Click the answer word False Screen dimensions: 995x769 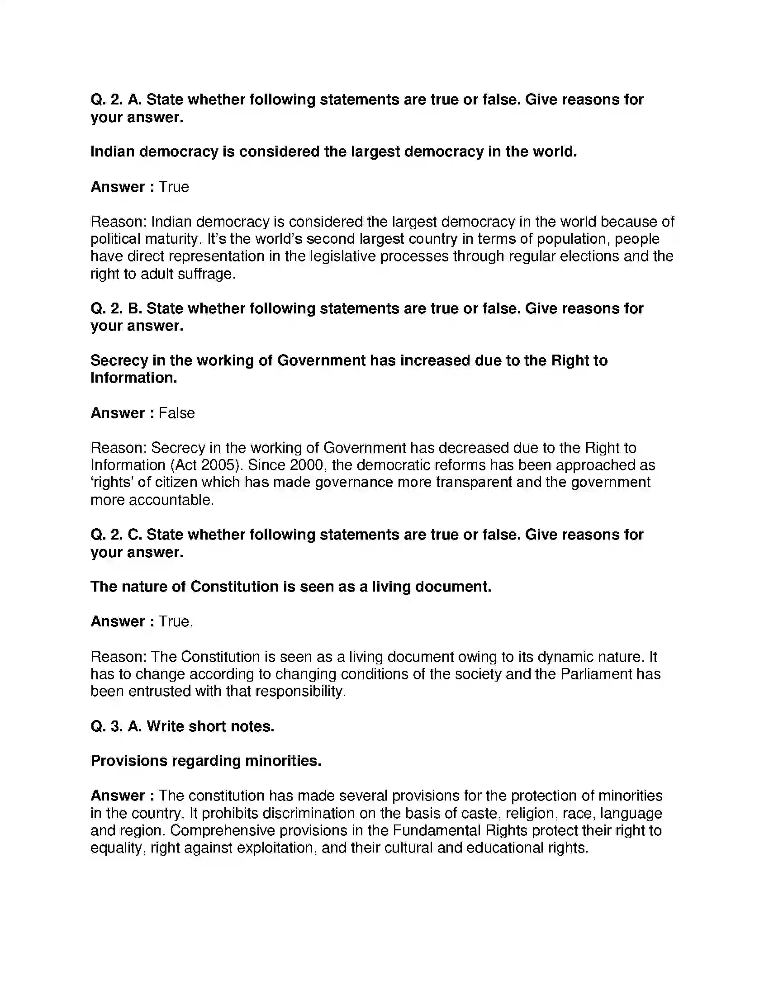point(176,413)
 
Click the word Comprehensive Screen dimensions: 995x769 point(222,830)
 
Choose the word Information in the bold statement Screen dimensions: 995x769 point(133,378)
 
